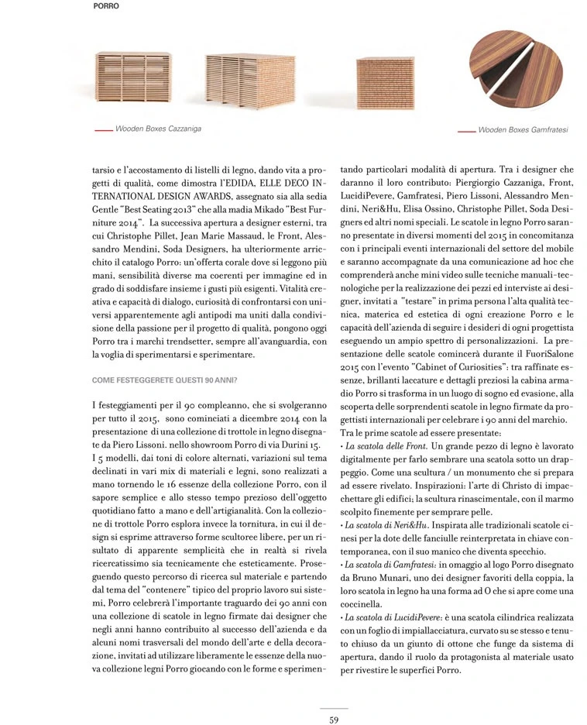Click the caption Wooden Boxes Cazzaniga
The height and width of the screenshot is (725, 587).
[158, 129]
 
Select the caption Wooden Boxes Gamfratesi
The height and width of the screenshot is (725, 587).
[523, 131]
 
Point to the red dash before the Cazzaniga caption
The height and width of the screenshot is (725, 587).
[102, 129]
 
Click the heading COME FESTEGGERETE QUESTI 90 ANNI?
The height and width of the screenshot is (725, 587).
[164, 380]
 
